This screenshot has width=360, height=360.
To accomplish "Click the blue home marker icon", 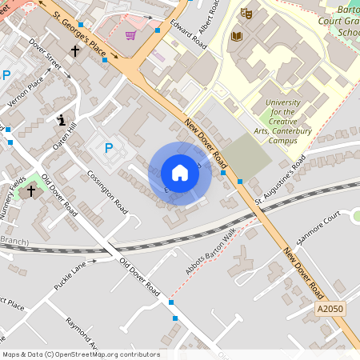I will pos(180,173).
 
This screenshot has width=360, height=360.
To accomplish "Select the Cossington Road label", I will pos(109,191).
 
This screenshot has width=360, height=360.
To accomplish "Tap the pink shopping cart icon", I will pos(130,36).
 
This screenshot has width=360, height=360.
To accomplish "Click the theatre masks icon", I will pos(246,14).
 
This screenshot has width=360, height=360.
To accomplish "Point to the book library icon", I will pos(236,36).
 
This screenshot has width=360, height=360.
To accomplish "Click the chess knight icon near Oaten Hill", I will pos(61,120).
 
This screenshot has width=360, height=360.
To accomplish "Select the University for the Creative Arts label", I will pos(282,122).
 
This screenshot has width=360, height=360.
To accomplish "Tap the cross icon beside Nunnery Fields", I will pos(31,190).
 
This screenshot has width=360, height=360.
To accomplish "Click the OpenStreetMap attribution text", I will pos(80,354).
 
